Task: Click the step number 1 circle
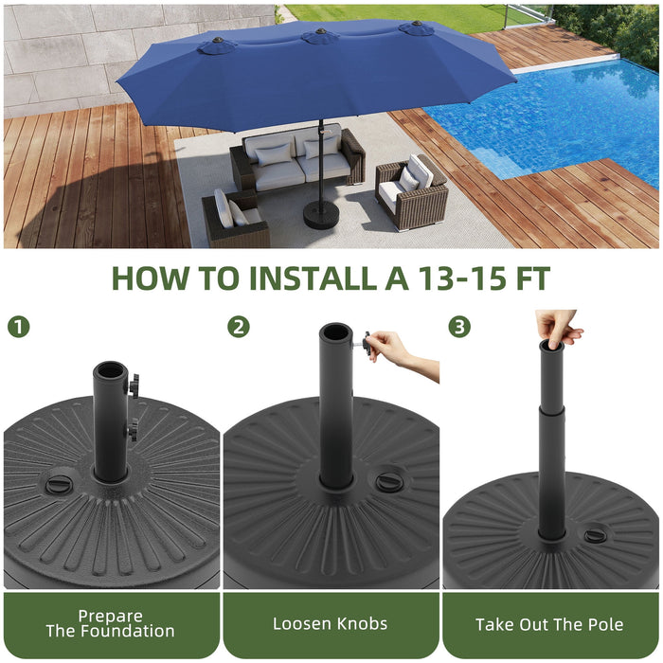18,328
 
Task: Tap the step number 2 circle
239,328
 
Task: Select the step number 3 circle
459,328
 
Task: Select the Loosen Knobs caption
331,623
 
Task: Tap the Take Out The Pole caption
551,623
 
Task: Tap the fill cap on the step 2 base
388,482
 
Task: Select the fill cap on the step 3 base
596,536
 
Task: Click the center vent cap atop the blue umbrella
320,36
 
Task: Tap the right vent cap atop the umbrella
416,27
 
